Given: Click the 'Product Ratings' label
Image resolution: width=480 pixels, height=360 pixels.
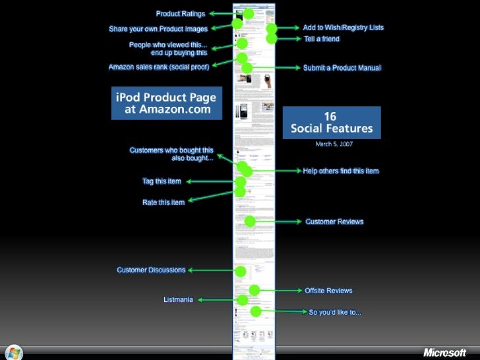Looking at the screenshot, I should pyautogui.click(x=180, y=13).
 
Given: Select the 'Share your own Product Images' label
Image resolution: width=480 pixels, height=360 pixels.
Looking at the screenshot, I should pyautogui.click(x=158, y=29).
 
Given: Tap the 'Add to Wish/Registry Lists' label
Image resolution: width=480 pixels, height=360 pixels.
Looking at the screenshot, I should pyautogui.click(x=343, y=28).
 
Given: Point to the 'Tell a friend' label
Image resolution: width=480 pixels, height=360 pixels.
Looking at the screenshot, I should pyautogui.click(x=321, y=39).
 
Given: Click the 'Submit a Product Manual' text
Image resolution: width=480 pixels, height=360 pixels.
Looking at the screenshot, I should pyautogui.click(x=342, y=68).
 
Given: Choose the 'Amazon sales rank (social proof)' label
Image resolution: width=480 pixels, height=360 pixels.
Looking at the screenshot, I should pyautogui.click(x=160, y=67).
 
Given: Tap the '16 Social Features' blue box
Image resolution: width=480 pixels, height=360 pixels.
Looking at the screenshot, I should pyautogui.click(x=332, y=123).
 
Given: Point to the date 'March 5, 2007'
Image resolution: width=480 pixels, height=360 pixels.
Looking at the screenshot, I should pyautogui.click(x=332, y=144).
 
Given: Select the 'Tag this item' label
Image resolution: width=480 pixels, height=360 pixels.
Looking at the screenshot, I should pyautogui.click(x=162, y=181).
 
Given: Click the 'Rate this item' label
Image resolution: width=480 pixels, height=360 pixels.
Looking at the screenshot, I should pyautogui.click(x=164, y=202).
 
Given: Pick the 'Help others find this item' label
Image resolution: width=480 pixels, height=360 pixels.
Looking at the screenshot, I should pyautogui.click(x=341, y=171).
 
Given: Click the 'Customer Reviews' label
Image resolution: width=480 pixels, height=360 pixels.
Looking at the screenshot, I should pyautogui.click(x=334, y=222).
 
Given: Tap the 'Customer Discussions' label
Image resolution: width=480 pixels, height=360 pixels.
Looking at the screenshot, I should pyautogui.click(x=151, y=270).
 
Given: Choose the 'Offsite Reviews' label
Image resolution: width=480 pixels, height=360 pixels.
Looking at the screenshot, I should pyautogui.click(x=328, y=290).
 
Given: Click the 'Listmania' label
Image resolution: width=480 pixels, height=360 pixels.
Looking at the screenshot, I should pyautogui.click(x=178, y=300).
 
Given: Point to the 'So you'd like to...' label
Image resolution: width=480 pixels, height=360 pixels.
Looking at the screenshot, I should pyautogui.click(x=335, y=312).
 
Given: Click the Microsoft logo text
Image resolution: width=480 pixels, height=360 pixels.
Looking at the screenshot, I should pyautogui.click(x=444, y=352).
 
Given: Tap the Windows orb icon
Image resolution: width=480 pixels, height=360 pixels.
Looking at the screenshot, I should pyautogui.click(x=13, y=352).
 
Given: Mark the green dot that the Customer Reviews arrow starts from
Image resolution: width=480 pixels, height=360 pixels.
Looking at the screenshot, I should pyautogui.click(x=250, y=222).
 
